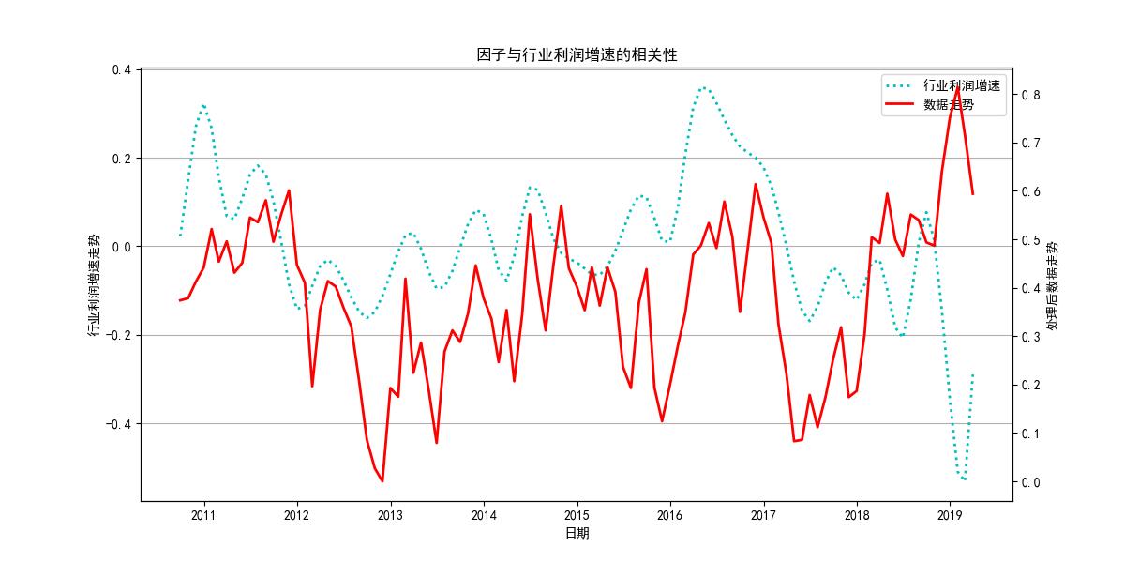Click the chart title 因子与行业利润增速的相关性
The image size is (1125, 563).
pyautogui.click(x=577, y=55)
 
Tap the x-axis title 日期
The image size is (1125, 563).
pyautogui.click(x=577, y=533)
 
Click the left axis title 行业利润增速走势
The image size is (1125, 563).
pyautogui.click(x=94, y=284)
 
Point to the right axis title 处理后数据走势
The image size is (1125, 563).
pyautogui.click(x=1053, y=284)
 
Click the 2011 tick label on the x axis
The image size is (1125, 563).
pyautogui.click(x=203, y=515)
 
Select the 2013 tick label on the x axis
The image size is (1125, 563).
pyautogui.click(x=390, y=515)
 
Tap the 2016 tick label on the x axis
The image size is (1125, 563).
pyautogui.click(x=669, y=515)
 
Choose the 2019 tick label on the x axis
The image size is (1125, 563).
pyautogui.click(x=950, y=515)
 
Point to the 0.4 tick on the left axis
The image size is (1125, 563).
pyautogui.click(x=122, y=69)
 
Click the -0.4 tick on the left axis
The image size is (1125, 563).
pyautogui.click(x=119, y=424)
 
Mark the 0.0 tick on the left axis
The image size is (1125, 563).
pyautogui.click(x=122, y=247)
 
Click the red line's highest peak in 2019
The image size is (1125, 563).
pyautogui.click(x=957, y=86)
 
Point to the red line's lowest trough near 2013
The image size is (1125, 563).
pyautogui.click(x=382, y=481)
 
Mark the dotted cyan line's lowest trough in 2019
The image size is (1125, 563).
pyautogui.click(x=964, y=479)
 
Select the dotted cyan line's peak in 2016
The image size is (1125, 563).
pyautogui.click(x=705, y=87)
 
